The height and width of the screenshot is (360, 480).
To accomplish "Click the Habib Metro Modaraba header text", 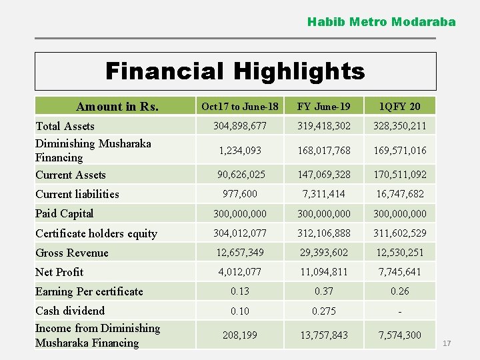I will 381,22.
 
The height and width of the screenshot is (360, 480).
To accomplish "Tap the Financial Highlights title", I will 235,71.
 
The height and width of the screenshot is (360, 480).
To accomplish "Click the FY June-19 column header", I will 323,107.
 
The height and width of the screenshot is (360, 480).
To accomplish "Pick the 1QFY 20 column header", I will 399,107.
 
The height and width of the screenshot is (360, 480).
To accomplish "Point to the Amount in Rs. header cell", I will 117,107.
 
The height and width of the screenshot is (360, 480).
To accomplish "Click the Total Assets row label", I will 65,126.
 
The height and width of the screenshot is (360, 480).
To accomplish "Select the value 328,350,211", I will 399,126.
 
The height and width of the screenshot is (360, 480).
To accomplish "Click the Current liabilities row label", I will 77,194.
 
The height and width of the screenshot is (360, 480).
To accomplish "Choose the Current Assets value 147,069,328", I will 323,175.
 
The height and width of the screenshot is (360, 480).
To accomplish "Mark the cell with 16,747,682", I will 399,194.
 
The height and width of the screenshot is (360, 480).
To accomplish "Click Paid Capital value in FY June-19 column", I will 323,213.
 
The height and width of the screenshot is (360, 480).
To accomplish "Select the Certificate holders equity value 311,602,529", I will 399,233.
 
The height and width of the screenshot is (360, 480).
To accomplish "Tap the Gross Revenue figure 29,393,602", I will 323,253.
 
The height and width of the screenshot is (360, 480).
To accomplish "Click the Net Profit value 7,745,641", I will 399,272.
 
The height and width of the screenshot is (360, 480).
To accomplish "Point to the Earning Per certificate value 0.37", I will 323,291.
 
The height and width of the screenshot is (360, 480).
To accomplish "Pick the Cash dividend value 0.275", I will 323,311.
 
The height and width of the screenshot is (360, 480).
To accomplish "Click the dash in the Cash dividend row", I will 399,311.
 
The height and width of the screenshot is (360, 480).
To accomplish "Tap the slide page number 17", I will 447,343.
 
